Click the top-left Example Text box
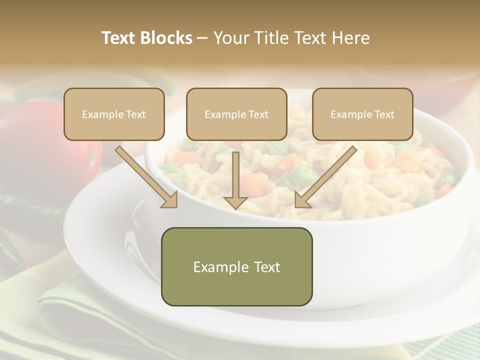(114, 114)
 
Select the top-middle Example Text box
(236, 114)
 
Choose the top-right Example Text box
(362, 114)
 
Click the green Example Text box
(236, 266)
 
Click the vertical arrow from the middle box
(235, 175)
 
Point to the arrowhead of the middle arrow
(235, 202)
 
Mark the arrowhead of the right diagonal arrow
(302, 200)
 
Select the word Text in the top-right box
(384, 114)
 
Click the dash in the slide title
(202, 38)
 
